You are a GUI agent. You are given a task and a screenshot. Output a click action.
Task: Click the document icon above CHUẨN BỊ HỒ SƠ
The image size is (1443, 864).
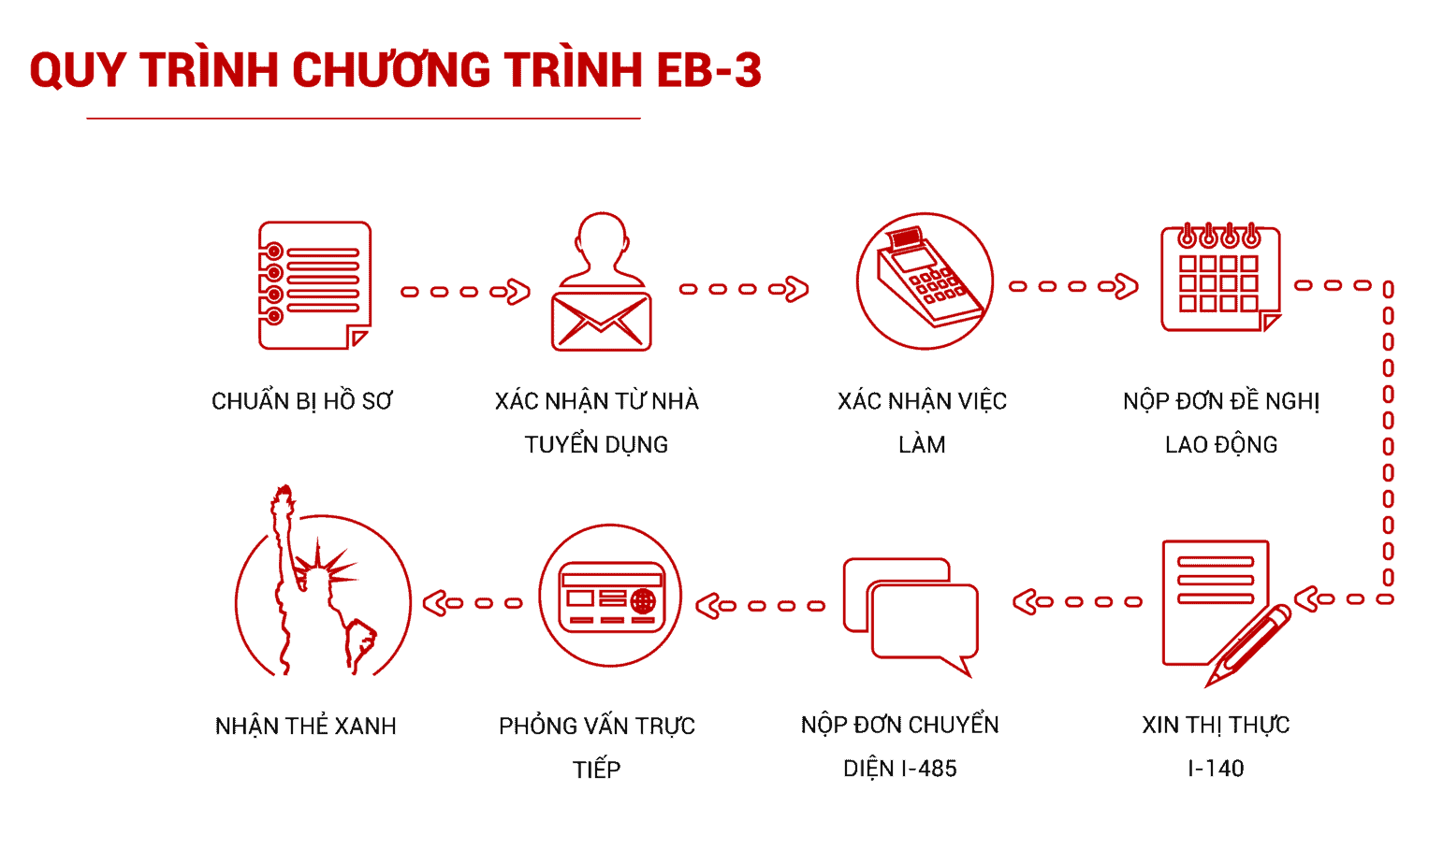click(x=314, y=285)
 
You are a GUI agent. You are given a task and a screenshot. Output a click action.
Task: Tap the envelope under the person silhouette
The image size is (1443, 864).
click(x=601, y=321)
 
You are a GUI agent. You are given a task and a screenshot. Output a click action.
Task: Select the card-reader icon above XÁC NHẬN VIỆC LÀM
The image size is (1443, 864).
click(x=925, y=281)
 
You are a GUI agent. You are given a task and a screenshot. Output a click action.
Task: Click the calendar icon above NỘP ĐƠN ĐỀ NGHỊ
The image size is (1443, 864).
click(x=1220, y=278)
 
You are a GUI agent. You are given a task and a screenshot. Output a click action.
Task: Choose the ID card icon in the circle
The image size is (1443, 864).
click(x=611, y=597)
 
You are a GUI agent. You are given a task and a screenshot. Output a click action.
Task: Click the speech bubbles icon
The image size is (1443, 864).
click(x=911, y=616)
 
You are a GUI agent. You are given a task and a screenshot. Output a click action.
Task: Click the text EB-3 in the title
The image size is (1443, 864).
click(x=708, y=69)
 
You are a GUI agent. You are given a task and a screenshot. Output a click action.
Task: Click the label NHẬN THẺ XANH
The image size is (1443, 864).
click(x=305, y=727)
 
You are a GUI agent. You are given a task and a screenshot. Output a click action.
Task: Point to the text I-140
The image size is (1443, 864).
click(x=1216, y=768)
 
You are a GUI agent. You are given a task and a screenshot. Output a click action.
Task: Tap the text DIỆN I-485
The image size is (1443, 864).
click(x=900, y=769)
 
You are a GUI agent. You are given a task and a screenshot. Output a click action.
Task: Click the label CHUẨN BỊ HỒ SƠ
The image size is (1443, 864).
click(x=301, y=401)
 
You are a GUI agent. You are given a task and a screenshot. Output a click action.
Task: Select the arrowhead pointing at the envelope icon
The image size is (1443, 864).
click(x=517, y=292)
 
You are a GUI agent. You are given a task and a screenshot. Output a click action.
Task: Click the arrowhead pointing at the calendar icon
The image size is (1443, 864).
click(x=1126, y=286)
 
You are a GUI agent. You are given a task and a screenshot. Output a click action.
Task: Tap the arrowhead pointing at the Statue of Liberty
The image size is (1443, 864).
click(x=435, y=603)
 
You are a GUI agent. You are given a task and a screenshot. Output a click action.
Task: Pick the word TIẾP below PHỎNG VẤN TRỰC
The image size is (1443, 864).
click(x=596, y=770)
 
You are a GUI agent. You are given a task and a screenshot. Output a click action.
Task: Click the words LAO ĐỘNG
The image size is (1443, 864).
click(x=1221, y=445)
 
